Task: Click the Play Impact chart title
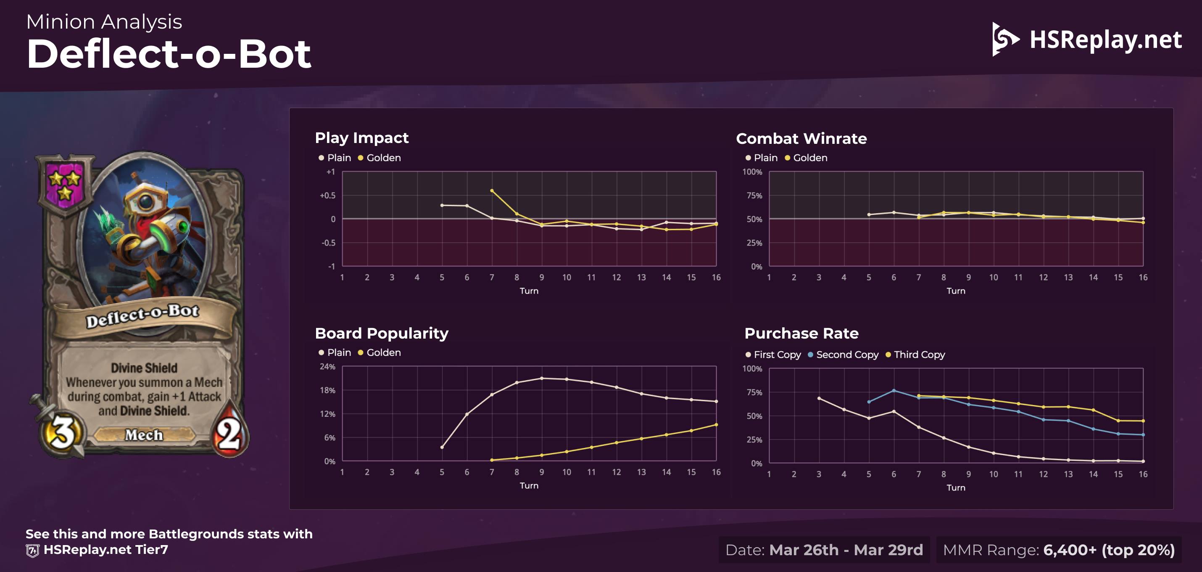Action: (361, 138)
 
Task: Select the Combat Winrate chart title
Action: (801, 139)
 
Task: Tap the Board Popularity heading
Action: (381, 334)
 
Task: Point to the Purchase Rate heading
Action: (801, 334)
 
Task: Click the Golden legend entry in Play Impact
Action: (380, 158)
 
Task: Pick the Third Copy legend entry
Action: (915, 355)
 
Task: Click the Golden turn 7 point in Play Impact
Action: (492, 191)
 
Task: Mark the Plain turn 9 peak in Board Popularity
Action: (542, 378)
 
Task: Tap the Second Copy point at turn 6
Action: (894, 390)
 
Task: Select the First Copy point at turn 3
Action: (819, 398)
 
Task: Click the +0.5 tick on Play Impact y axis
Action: (327, 196)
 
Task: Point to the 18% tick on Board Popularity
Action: (327, 390)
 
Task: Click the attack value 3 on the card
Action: (62, 432)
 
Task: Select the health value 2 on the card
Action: (229, 433)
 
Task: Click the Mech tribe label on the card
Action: (144, 435)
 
